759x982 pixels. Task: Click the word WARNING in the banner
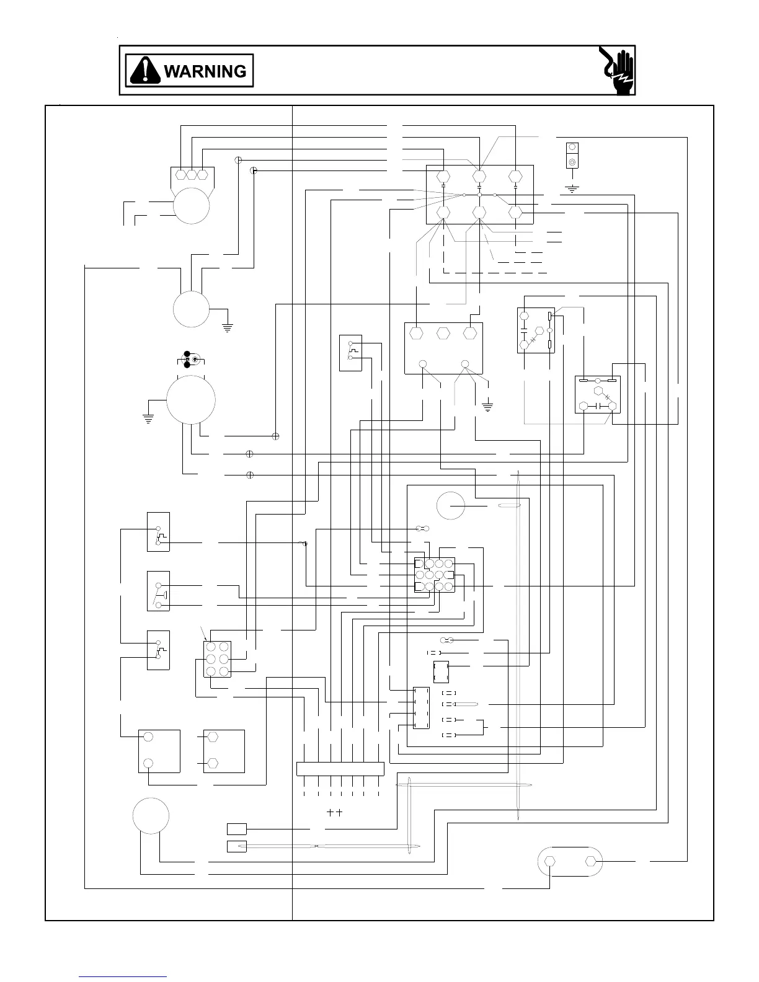pos(205,71)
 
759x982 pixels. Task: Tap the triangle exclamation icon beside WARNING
pos(144,71)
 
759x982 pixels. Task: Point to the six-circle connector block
pos(218,659)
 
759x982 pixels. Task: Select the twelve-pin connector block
pos(434,575)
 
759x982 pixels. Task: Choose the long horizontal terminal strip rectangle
pos(340,769)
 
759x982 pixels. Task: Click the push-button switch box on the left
pos(158,591)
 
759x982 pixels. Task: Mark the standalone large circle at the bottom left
pos(151,816)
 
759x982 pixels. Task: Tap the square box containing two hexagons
pos(224,751)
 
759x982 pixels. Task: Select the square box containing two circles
pos(159,751)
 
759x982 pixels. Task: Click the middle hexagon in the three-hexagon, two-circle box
pos(443,333)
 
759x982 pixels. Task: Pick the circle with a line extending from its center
pos(451,506)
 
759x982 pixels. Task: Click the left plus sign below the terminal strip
pos(330,812)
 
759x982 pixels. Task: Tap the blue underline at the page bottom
pos(123,976)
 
